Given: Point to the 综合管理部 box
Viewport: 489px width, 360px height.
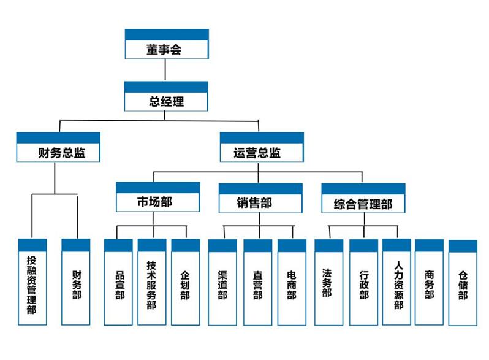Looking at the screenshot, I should [363, 199].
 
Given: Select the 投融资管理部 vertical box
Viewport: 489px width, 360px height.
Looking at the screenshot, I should [32, 283].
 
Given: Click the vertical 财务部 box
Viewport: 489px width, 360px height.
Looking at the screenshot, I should [76, 283].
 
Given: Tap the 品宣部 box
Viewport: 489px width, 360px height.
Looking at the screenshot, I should [118, 283].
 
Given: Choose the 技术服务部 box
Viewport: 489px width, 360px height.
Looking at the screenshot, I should [152, 283].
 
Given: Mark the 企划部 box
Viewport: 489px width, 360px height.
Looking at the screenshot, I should [185, 283].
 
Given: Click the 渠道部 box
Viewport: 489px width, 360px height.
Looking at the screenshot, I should [222, 283].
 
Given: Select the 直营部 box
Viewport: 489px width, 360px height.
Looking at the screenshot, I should [257, 283].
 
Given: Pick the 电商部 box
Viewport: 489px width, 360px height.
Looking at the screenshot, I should [292, 283].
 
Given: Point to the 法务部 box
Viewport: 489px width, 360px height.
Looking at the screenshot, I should [328, 283].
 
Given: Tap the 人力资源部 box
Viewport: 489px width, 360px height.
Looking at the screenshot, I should [396, 283].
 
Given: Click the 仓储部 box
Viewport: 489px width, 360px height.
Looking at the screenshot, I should [463, 283].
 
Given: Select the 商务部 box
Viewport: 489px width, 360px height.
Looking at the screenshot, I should [429, 283].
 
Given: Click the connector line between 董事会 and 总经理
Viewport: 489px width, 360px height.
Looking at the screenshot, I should [166, 71].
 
